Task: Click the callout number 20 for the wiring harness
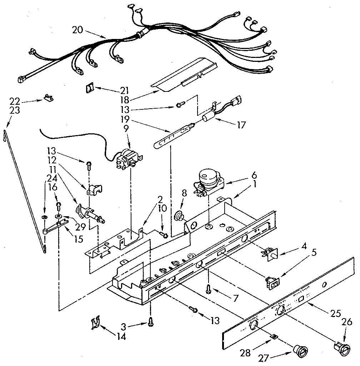(79, 30)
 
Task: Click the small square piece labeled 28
(274, 336)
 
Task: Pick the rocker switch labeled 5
(272, 283)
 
